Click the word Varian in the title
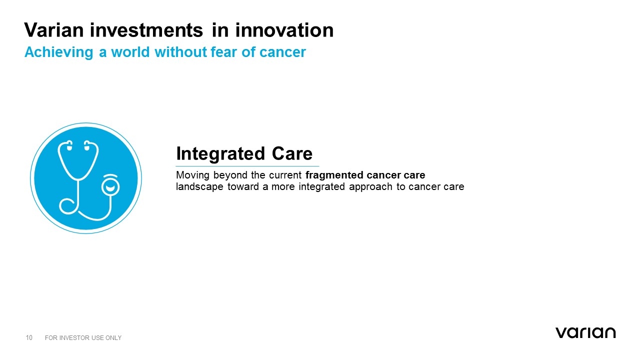pyautogui.click(x=53, y=30)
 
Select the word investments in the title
pyautogui.click(x=146, y=30)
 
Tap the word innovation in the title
pyautogui.click(x=284, y=30)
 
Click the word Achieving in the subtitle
pyautogui.click(x=59, y=52)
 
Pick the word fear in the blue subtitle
pyautogui.click(x=223, y=52)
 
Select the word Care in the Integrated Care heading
pyautogui.click(x=292, y=153)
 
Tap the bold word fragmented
pyautogui.click(x=334, y=175)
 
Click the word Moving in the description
pyautogui.click(x=193, y=175)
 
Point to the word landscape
pyautogui.click(x=199, y=186)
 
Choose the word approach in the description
pyautogui.click(x=370, y=187)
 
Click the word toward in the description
pyautogui.click(x=243, y=186)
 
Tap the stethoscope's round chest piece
pyautogui.click(x=110, y=187)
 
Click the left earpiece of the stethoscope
pyautogui.click(x=69, y=145)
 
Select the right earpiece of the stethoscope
pyautogui.click(x=87, y=145)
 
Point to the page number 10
pyautogui.click(x=29, y=337)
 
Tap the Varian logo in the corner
pyautogui.click(x=585, y=333)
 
